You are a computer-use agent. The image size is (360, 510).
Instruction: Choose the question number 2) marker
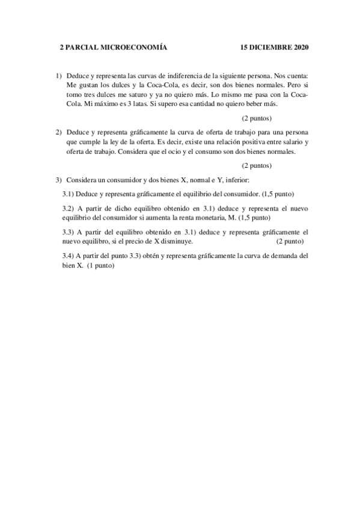coord(59,132)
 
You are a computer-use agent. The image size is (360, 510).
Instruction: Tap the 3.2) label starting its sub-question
coord(69,206)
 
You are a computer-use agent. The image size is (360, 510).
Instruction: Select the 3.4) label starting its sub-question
coord(69,256)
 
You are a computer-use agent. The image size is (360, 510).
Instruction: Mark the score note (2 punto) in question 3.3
coord(290,241)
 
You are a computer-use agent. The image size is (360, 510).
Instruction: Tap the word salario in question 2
coord(285,142)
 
